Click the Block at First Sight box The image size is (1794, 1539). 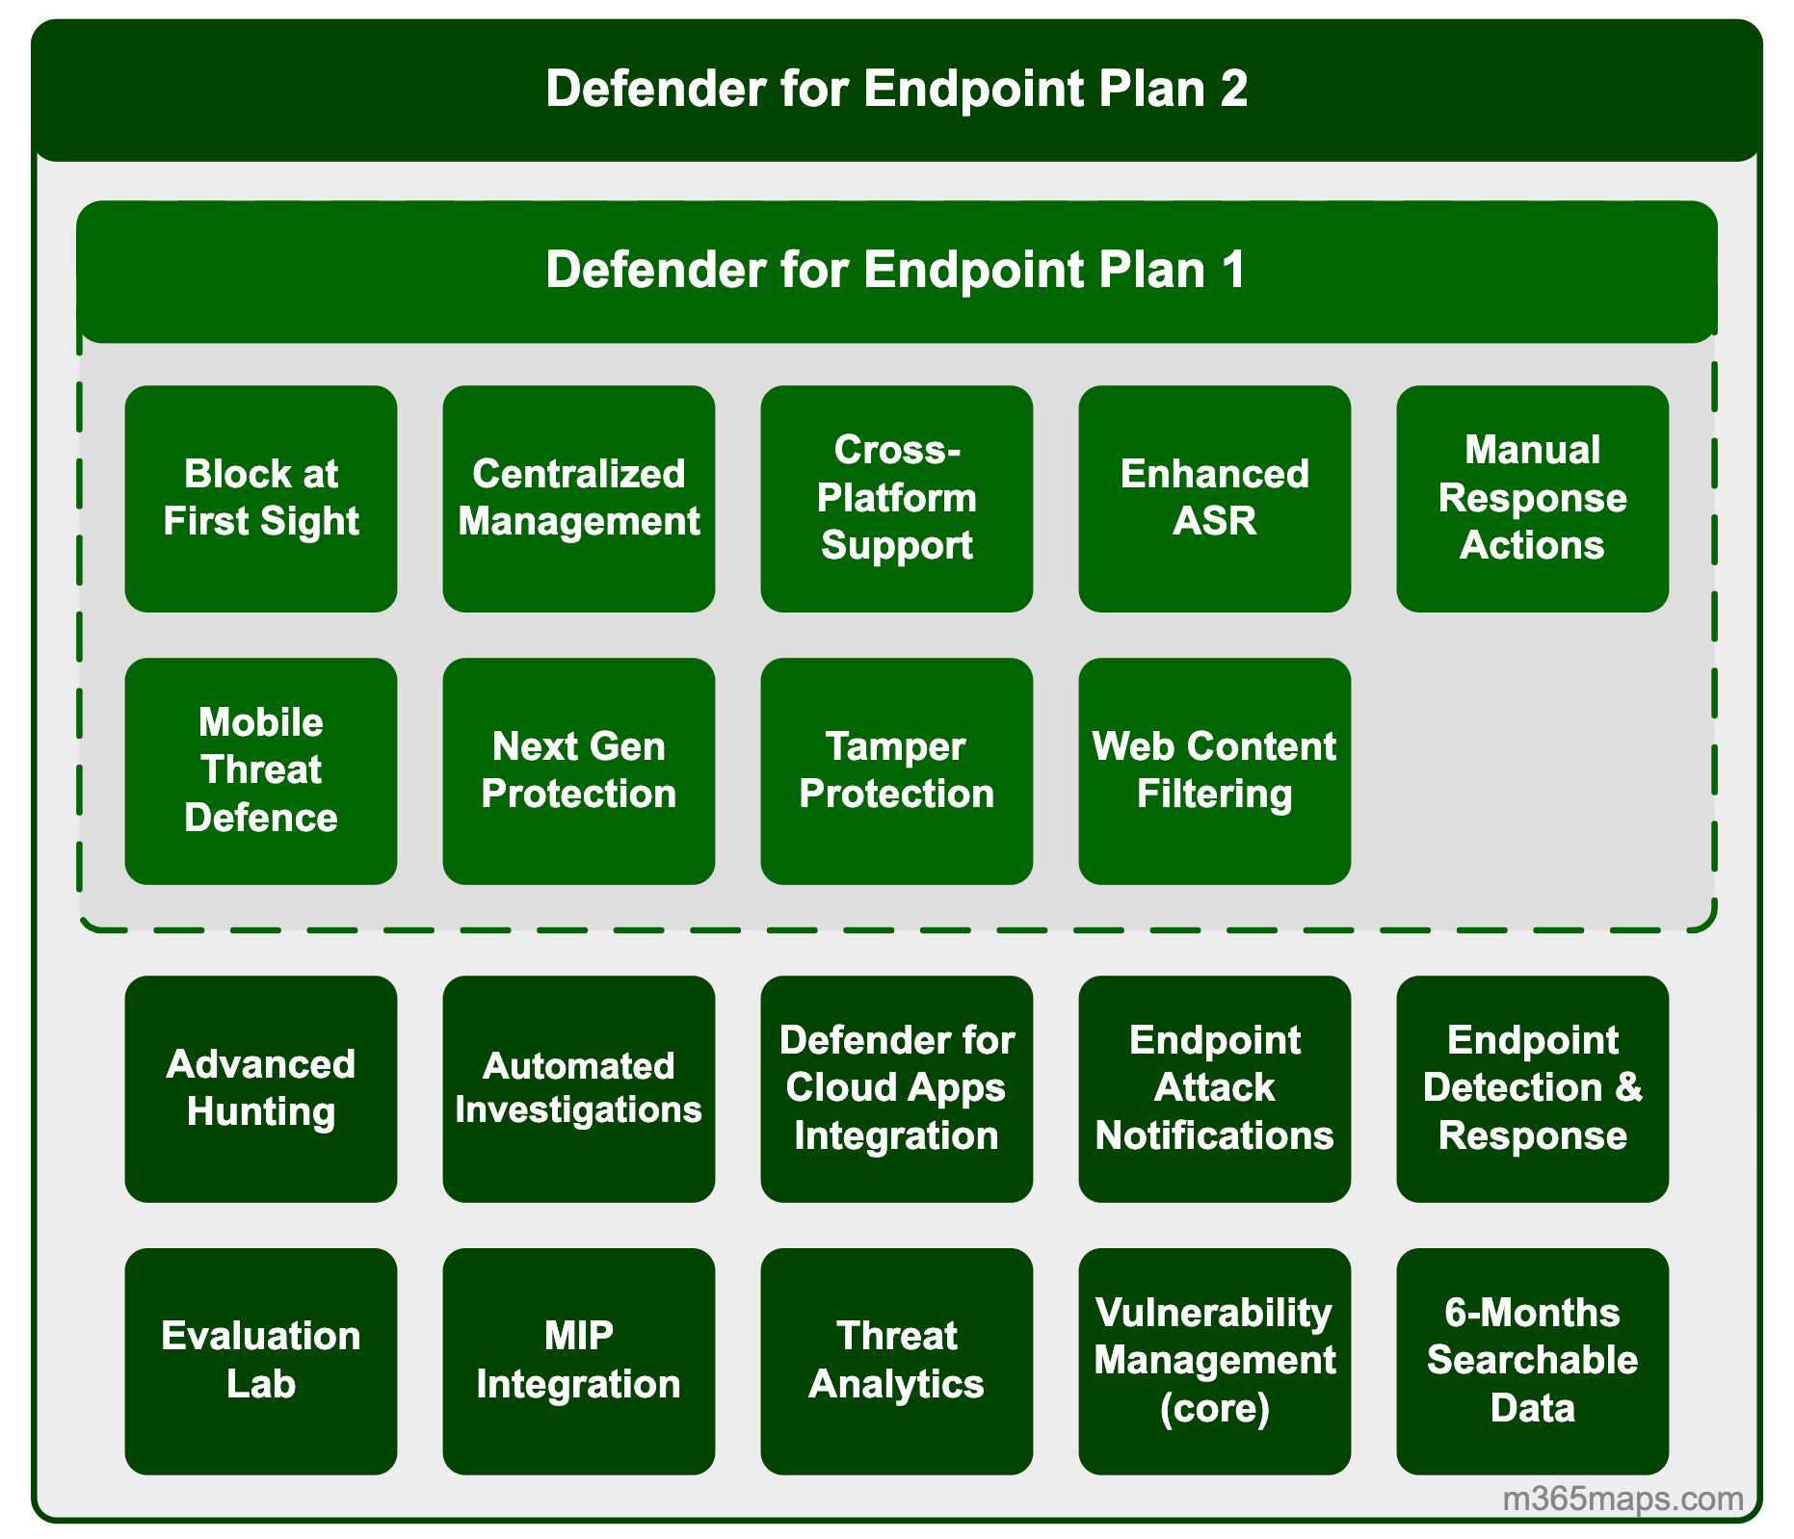(x=260, y=498)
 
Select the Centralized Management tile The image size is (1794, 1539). (x=578, y=498)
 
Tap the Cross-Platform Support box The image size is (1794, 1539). (x=896, y=498)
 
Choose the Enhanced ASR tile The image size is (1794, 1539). (x=1214, y=498)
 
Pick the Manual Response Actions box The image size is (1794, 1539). (x=1532, y=498)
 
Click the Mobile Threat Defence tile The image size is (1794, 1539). (x=260, y=770)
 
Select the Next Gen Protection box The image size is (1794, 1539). (x=578, y=770)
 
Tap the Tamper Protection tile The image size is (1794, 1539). (x=896, y=770)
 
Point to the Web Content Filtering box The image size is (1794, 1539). (x=1214, y=770)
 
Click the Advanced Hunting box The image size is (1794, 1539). (x=260, y=1088)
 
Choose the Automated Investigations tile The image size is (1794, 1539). (x=578, y=1088)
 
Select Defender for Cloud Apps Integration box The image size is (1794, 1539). (x=896, y=1088)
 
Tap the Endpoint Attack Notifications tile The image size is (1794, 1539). (x=1214, y=1088)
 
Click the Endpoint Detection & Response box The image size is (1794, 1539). (x=1532, y=1088)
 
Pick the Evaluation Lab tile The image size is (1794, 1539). (x=260, y=1361)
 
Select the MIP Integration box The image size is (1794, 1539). (x=578, y=1361)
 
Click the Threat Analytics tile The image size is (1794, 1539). (x=896, y=1361)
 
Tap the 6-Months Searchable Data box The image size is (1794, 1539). (x=1532, y=1361)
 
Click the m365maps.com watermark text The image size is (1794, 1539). (x=1623, y=1499)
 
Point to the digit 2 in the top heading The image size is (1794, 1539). (x=1232, y=89)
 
